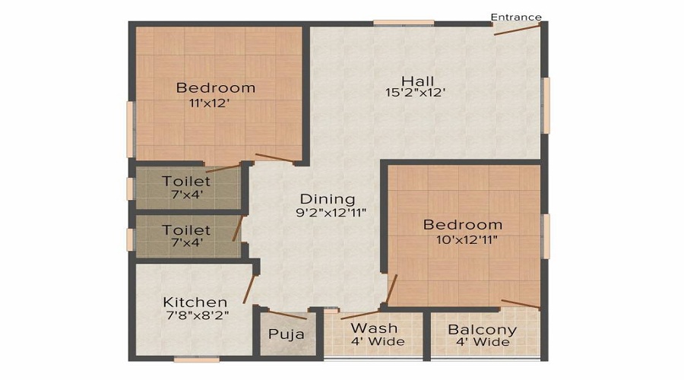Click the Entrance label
pos(516,17)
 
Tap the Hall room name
pos(417,81)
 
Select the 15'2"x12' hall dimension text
pos(414,93)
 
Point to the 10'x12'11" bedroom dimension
pos(462,239)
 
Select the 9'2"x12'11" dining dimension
pos(331,213)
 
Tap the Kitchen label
pos(195,302)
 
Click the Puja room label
pos(287,334)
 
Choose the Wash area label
pos(373,328)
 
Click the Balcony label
pos(482,330)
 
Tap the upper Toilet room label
pos(186,182)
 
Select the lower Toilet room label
pos(186,230)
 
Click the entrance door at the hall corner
pos(518,28)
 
